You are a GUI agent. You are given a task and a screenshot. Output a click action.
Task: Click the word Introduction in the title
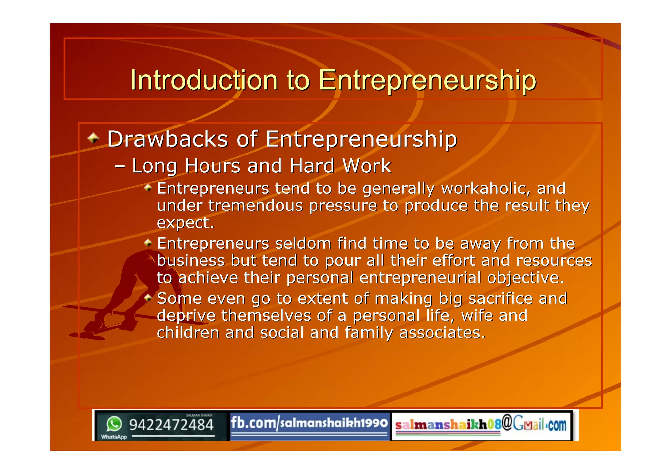click(x=204, y=80)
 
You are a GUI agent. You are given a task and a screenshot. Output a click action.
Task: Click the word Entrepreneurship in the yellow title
click(x=427, y=81)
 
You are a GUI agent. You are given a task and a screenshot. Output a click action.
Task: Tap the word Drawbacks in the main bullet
click(x=168, y=139)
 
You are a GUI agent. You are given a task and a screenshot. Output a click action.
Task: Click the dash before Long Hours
click(x=120, y=166)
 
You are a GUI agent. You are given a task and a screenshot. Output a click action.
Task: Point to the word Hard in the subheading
click(x=312, y=166)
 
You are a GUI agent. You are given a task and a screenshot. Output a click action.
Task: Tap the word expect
click(x=185, y=223)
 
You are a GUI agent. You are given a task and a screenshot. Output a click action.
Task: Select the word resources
click(x=554, y=261)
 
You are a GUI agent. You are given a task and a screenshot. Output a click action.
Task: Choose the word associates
click(x=442, y=333)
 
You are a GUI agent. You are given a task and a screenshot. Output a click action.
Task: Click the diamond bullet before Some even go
click(x=148, y=298)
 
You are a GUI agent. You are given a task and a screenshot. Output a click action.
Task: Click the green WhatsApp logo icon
click(x=114, y=424)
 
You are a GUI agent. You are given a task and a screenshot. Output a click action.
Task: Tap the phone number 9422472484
click(x=171, y=425)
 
